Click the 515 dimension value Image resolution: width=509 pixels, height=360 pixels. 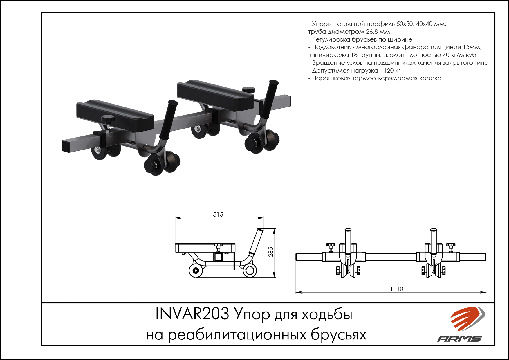(218, 215)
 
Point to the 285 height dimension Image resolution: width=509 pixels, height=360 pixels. (271, 252)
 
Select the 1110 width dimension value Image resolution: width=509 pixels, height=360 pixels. (397, 289)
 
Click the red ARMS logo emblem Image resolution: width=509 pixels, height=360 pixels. (468, 318)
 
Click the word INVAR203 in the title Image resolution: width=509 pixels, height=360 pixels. (192, 314)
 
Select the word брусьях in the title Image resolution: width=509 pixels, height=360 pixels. (338, 335)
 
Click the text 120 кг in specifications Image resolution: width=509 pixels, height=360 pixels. (392, 71)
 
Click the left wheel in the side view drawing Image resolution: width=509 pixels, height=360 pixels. (196, 271)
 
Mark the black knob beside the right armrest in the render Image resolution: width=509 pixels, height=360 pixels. (249, 90)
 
